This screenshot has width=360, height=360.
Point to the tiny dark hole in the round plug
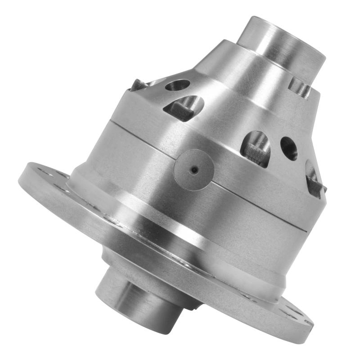click(x=194, y=170)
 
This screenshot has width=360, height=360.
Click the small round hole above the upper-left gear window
click(x=177, y=85)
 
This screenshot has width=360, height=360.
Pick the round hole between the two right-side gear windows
click(x=289, y=148)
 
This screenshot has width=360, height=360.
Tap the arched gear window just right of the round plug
click(x=256, y=148)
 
